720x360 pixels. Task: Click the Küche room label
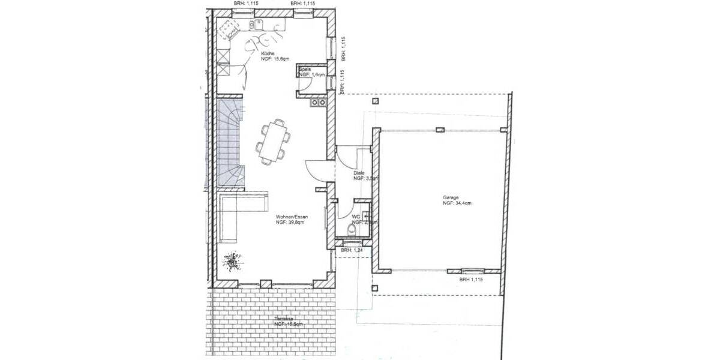point(268,53)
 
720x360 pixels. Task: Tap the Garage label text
point(451,197)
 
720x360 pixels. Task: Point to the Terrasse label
point(284,319)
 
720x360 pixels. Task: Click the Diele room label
point(359,173)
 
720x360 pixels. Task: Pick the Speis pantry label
point(304,70)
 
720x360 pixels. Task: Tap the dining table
point(274,141)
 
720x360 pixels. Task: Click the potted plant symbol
point(230,261)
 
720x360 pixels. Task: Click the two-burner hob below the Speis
point(318,102)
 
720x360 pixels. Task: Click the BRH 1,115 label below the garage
point(471,280)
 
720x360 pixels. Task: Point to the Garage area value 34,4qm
point(457,204)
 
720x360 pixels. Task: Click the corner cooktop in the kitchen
point(227,28)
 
